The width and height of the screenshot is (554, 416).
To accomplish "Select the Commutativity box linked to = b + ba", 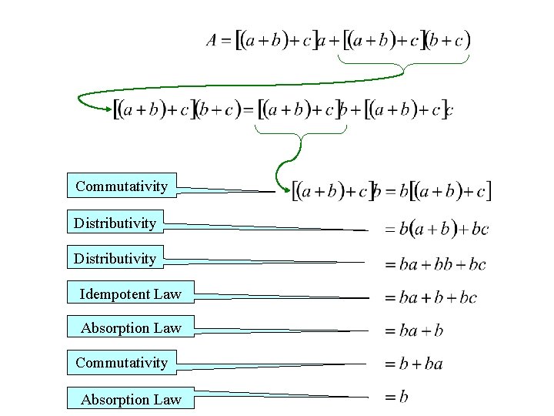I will (x=122, y=362).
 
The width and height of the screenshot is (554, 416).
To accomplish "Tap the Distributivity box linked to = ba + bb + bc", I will (x=115, y=258).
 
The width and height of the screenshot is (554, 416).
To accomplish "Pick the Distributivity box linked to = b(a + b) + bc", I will (x=115, y=223).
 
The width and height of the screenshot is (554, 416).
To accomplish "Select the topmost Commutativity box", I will (x=122, y=186).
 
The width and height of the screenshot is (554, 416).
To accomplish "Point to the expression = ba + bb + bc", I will (x=436, y=264).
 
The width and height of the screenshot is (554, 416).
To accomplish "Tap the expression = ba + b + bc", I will (x=431, y=298).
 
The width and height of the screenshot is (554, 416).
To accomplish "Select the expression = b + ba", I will (x=414, y=364).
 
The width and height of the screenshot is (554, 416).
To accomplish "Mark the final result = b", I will (x=397, y=397).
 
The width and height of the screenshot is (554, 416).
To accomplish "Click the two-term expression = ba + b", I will (x=414, y=331).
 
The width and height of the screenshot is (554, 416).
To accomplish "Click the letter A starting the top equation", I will (x=212, y=41).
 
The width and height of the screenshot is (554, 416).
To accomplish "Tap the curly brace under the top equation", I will (x=402, y=68).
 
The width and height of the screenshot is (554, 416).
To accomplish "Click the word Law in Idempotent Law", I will (x=167, y=294).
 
